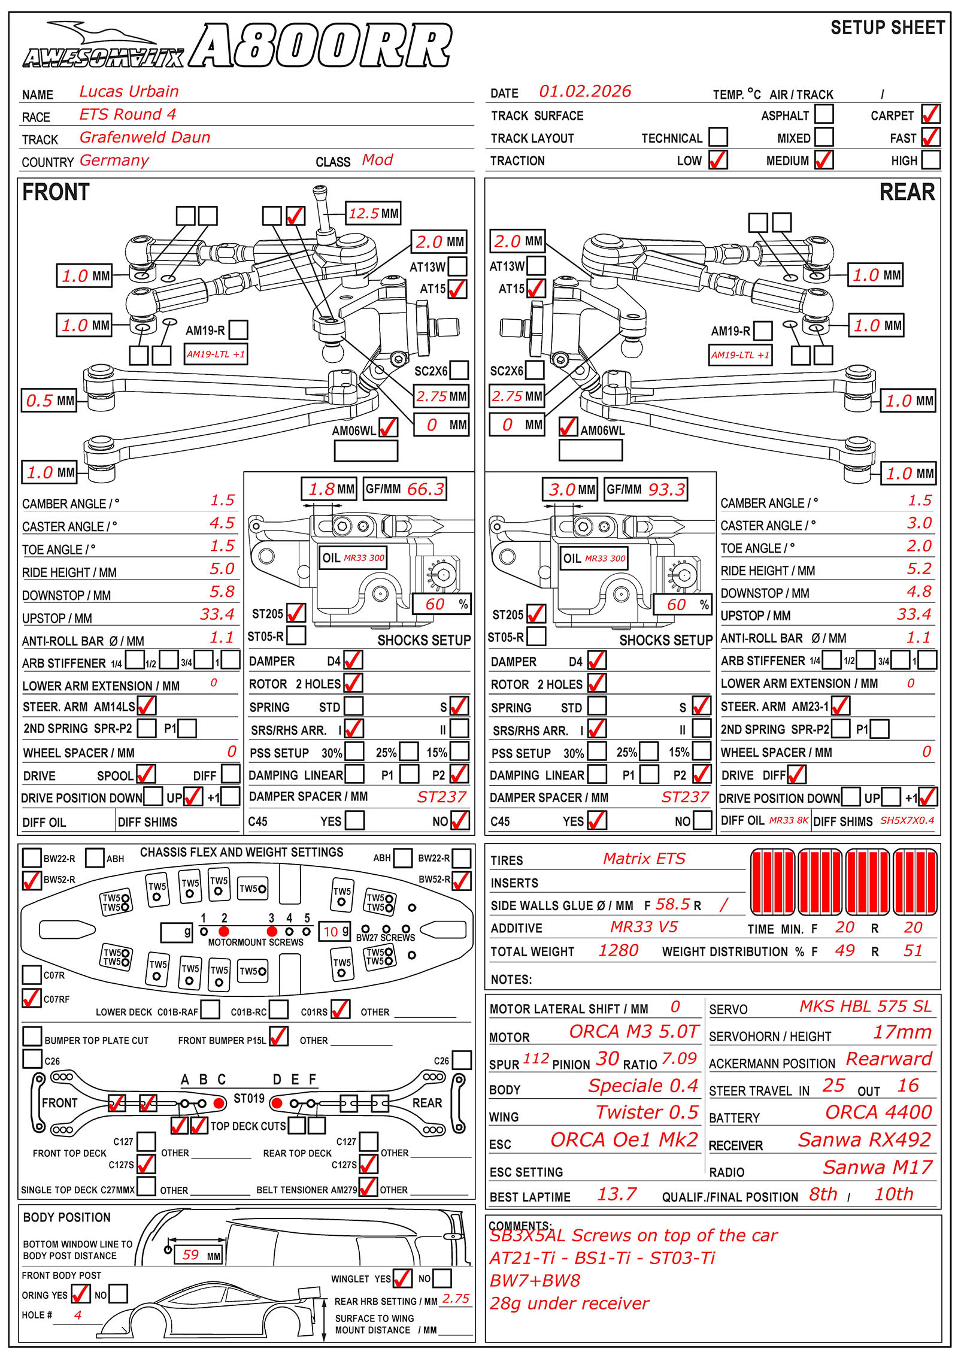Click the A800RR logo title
pos(320,47)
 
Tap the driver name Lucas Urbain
pos(129,92)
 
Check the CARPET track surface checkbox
pos(930,114)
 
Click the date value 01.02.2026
pos(584,92)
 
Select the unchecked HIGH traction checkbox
pos(930,160)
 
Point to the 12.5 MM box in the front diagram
pos(374,214)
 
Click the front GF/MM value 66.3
pos(425,489)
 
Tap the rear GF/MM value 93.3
pos(666,490)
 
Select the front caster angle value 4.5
pos(222,523)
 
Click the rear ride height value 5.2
pos(919,569)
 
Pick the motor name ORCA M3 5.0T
pos(633,1032)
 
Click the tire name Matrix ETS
pos(644,859)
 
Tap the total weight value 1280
pos(619,951)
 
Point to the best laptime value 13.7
pos(617,1195)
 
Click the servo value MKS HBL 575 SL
pos(865,1007)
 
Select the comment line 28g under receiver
pos(569,1304)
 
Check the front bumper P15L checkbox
pos(279,1036)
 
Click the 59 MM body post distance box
pos(198,1255)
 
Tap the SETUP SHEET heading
pos(887,28)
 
